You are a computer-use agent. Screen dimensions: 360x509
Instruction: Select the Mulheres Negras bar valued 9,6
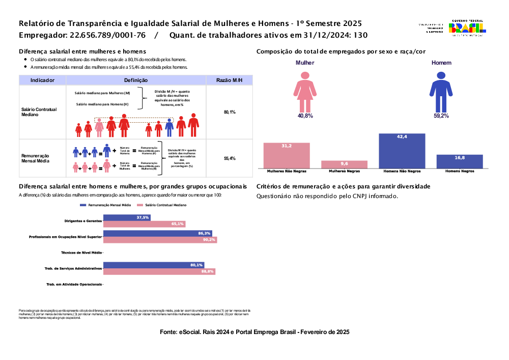[344, 164]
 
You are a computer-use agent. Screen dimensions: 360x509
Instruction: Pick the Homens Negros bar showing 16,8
[460, 161]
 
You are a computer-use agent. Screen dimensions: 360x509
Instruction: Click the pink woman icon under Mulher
[305, 91]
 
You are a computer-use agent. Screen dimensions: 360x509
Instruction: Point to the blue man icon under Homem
[441, 91]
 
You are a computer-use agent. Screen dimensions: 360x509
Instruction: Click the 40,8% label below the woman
[305, 116]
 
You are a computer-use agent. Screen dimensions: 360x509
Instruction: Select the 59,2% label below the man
[441, 116]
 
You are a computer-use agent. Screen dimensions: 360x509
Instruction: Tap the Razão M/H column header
[229, 80]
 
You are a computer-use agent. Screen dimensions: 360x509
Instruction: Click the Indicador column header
[42, 80]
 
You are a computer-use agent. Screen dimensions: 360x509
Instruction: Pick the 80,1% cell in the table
[229, 112]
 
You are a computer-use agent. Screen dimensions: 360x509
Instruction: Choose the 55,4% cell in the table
[229, 159]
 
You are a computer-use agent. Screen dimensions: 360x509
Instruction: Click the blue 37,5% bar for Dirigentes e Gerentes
[127, 217]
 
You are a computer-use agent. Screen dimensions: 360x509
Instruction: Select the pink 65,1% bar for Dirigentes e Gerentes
[145, 224]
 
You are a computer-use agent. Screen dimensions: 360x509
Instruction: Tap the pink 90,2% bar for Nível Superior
[160, 240]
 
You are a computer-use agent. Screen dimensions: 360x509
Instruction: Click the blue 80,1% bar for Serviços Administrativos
[154, 265]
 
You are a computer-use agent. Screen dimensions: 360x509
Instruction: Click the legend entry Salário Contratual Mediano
[161, 205]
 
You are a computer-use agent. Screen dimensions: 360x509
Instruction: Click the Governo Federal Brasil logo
[466, 27]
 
